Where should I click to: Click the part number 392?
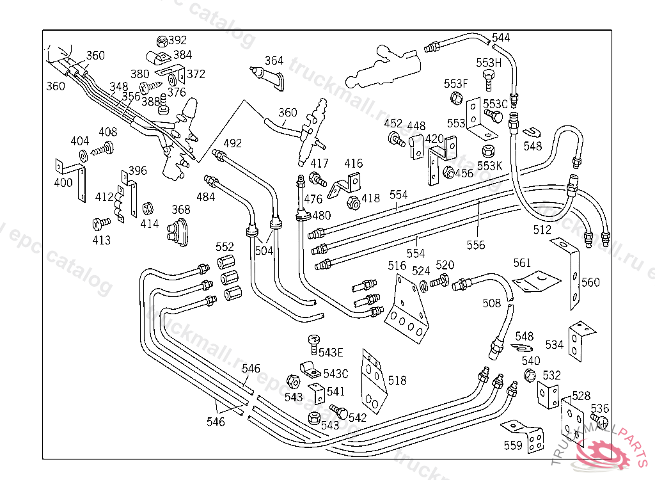(177, 40)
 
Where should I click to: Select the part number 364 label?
(274, 61)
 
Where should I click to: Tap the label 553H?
(489, 63)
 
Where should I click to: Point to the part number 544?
(501, 38)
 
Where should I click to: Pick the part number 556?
(475, 244)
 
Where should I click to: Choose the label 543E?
(331, 352)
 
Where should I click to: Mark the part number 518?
(397, 381)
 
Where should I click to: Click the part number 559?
(513, 445)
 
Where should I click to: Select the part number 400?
(63, 182)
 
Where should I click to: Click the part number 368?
(181, 209)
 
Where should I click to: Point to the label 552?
(225, 247)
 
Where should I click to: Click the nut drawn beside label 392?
(162, 42)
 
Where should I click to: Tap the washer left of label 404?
(84, 156)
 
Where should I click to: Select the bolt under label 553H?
(489, 81)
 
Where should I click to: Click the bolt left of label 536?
(601, 421)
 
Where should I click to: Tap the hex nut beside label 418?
(352, 204)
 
